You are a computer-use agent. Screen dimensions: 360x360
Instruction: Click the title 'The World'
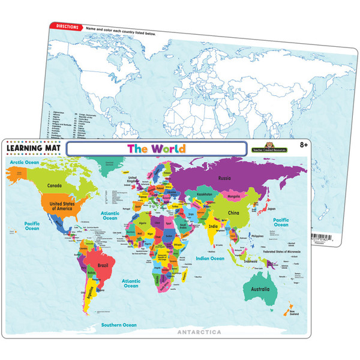[x=156, y=149]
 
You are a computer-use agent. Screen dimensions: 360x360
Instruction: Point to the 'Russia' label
[x=224, y=178]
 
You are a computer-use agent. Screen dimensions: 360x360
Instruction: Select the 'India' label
[x=213, y=226]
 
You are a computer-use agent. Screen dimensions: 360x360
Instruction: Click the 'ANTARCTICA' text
[x=199, y=332]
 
